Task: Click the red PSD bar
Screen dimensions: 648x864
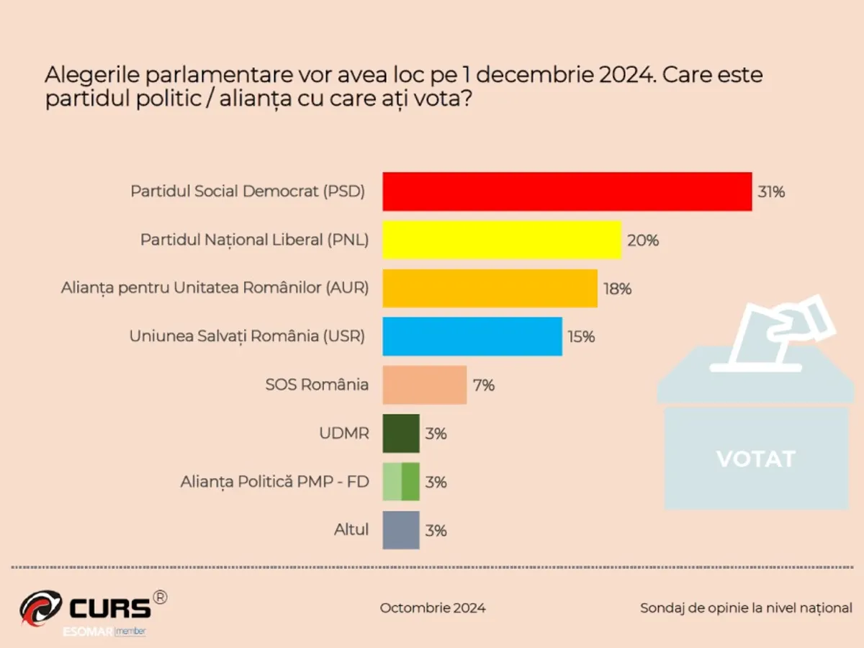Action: click(x=567, y=192)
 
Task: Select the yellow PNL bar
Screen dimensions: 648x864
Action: click(x=501, y=240)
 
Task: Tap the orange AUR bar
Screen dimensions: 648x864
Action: click(x=490, y=288)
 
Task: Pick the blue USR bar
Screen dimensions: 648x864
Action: click(x=472, y=336)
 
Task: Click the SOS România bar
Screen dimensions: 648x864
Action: click(x=424, y=384)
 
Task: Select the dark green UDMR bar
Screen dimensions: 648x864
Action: click(x=400, y=433)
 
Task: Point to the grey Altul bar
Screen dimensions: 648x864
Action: click(x=400, y=530)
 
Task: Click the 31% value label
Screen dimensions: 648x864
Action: click(x=770, y=192)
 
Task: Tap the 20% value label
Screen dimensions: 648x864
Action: click(x=642, y=240)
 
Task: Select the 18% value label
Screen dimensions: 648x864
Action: click(x=618, y=289)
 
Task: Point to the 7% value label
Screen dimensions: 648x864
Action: click(x=483, y=385)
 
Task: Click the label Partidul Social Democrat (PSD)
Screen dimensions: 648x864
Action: click(x=248, y=192)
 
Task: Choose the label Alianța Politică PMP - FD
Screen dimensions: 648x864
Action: click(x=274, y=482)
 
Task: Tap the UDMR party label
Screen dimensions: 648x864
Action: click(x=343, y=433)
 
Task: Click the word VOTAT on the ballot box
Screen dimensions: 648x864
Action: click(x=755, y=459)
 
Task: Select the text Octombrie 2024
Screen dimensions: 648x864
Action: click(x=433, y=608)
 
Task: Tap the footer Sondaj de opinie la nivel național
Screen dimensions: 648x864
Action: click(x=746, y=608)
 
